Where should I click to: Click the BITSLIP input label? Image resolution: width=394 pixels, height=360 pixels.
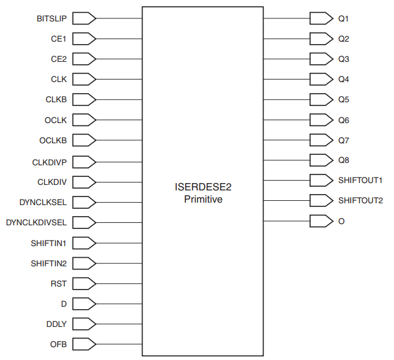(x=51, y=18)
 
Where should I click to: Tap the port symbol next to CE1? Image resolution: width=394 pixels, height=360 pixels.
(x=84, y=39)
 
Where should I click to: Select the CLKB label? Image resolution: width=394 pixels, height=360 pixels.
(x=56, y=99)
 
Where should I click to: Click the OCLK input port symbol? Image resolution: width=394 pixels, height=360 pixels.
(x=84, y=120)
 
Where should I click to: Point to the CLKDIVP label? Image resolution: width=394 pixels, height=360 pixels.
(x=50, y=162)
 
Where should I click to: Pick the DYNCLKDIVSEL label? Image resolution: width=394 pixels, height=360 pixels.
(x=36, y=222)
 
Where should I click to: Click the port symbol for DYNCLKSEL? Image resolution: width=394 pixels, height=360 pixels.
(x=84, y=202)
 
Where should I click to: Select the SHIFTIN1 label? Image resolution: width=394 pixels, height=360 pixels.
(x=49, y=243)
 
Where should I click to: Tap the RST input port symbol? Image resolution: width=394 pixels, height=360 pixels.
(x=84, y=283)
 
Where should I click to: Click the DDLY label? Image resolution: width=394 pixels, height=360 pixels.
(x=57, y=324)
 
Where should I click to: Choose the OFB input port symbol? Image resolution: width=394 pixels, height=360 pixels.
(x=84, y=345)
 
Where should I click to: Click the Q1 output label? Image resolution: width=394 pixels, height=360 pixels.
(x=344, y=18)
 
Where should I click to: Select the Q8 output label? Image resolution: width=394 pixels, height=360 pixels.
(x=344, y=160)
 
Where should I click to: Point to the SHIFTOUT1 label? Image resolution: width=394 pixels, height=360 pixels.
(x=360, y=181)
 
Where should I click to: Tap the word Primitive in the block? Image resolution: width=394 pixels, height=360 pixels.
(x=203, y=200)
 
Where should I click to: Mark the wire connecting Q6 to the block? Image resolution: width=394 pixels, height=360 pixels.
(x=287, y=119)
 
